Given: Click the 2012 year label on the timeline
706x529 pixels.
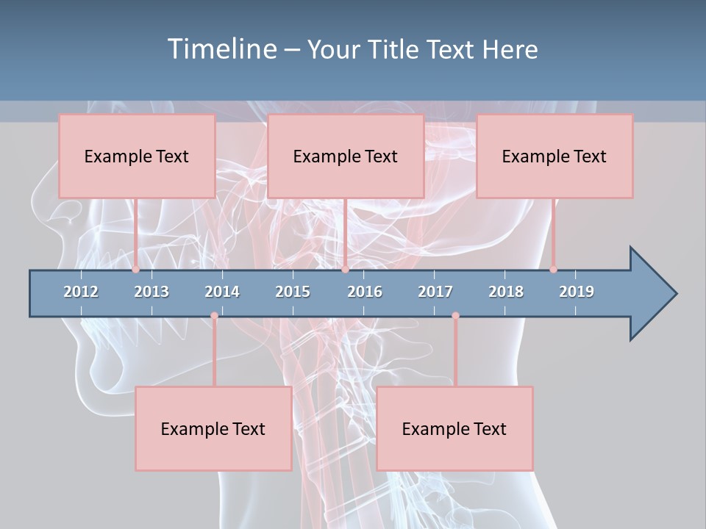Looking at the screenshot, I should click(81, 292).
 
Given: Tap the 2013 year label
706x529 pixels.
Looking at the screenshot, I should click(151, 292).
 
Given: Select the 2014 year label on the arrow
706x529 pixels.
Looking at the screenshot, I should click(222, 292).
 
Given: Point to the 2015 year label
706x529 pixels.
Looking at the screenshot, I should click(293, 292).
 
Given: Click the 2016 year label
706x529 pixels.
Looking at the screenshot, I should click(365, 292).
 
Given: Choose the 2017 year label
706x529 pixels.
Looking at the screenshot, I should click(435, 292).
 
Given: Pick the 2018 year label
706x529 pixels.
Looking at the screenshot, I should click(506, 292).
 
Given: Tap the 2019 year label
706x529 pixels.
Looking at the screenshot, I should click(577, 292).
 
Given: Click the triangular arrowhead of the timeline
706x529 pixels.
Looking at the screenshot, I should click(651, 294).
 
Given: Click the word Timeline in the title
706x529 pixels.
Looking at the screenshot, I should click(221, 49).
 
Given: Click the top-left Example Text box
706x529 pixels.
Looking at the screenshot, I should click(137, 156).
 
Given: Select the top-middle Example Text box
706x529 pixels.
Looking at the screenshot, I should click(346, 156).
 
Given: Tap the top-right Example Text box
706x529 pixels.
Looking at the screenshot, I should click(555, 156).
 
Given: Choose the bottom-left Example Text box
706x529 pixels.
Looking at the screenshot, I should click(213, 428).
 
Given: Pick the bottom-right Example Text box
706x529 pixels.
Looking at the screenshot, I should click(454, 428).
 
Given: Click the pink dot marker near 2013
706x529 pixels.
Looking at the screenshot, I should click(135, 269).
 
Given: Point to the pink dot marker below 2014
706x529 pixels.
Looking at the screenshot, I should click(214, 316).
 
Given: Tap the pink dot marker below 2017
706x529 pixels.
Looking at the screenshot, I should click(455, 316).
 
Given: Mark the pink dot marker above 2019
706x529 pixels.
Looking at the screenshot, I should click(553, 269).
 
